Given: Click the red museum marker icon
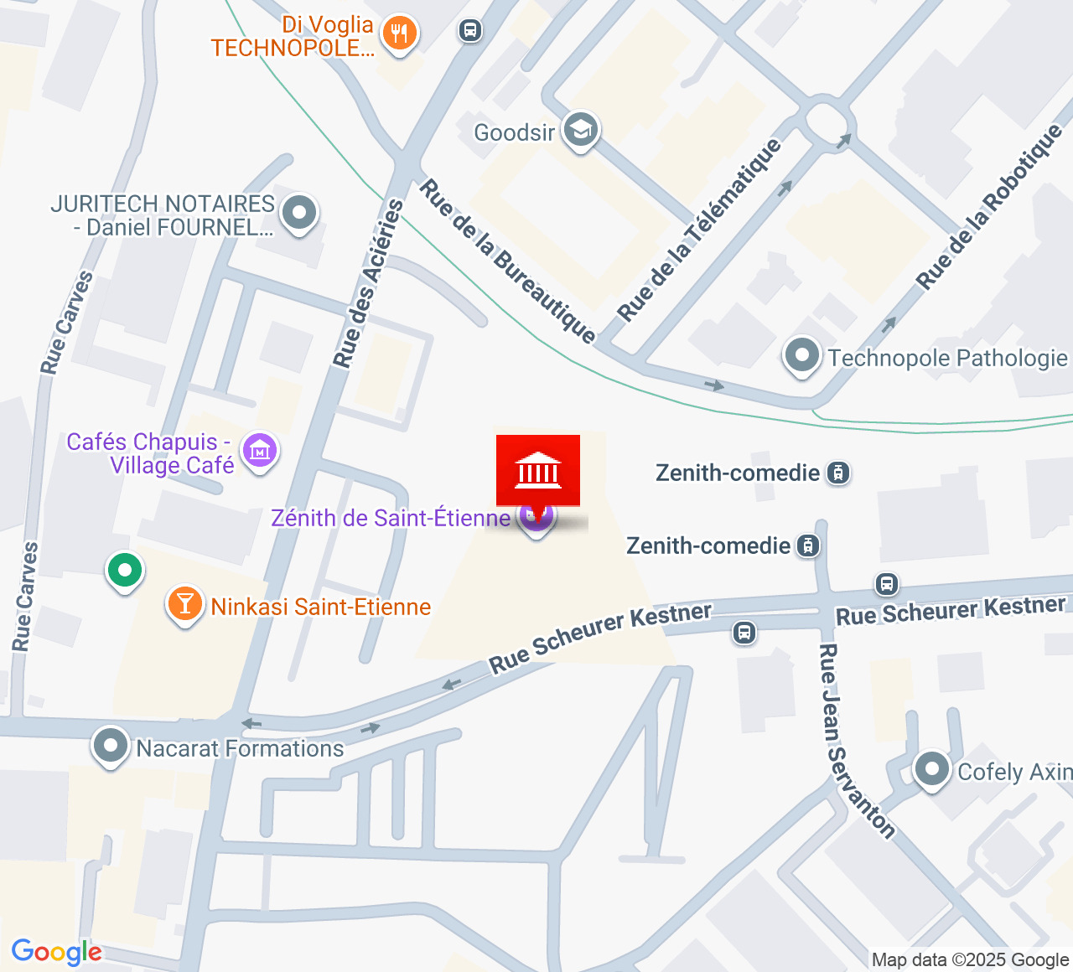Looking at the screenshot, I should [537, 470].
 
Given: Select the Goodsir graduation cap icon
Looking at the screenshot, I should [580, 130].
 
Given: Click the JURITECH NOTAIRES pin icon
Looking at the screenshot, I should [299, 213].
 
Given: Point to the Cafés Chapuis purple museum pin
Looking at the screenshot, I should [260, 451].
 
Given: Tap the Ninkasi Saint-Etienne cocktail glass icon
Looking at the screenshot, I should [184, 603].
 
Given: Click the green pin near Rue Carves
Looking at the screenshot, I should [125, 571].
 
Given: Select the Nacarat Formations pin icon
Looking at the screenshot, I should [110, 745].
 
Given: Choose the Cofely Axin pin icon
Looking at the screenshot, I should [931, 768].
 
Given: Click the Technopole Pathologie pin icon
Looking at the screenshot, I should [802, 355].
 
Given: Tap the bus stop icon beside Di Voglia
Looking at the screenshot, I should [470, 31].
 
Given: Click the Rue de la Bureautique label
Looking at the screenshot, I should [507, 261].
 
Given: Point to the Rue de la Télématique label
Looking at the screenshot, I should [699, 230].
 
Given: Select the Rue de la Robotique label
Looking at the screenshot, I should [989, 207].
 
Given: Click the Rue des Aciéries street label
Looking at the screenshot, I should [368, 283].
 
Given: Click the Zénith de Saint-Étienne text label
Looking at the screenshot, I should [391, 518].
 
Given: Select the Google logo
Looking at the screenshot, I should [56, 952].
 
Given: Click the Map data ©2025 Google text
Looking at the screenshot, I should [970, 960].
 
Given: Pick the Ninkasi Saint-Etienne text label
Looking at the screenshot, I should [321, 607].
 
